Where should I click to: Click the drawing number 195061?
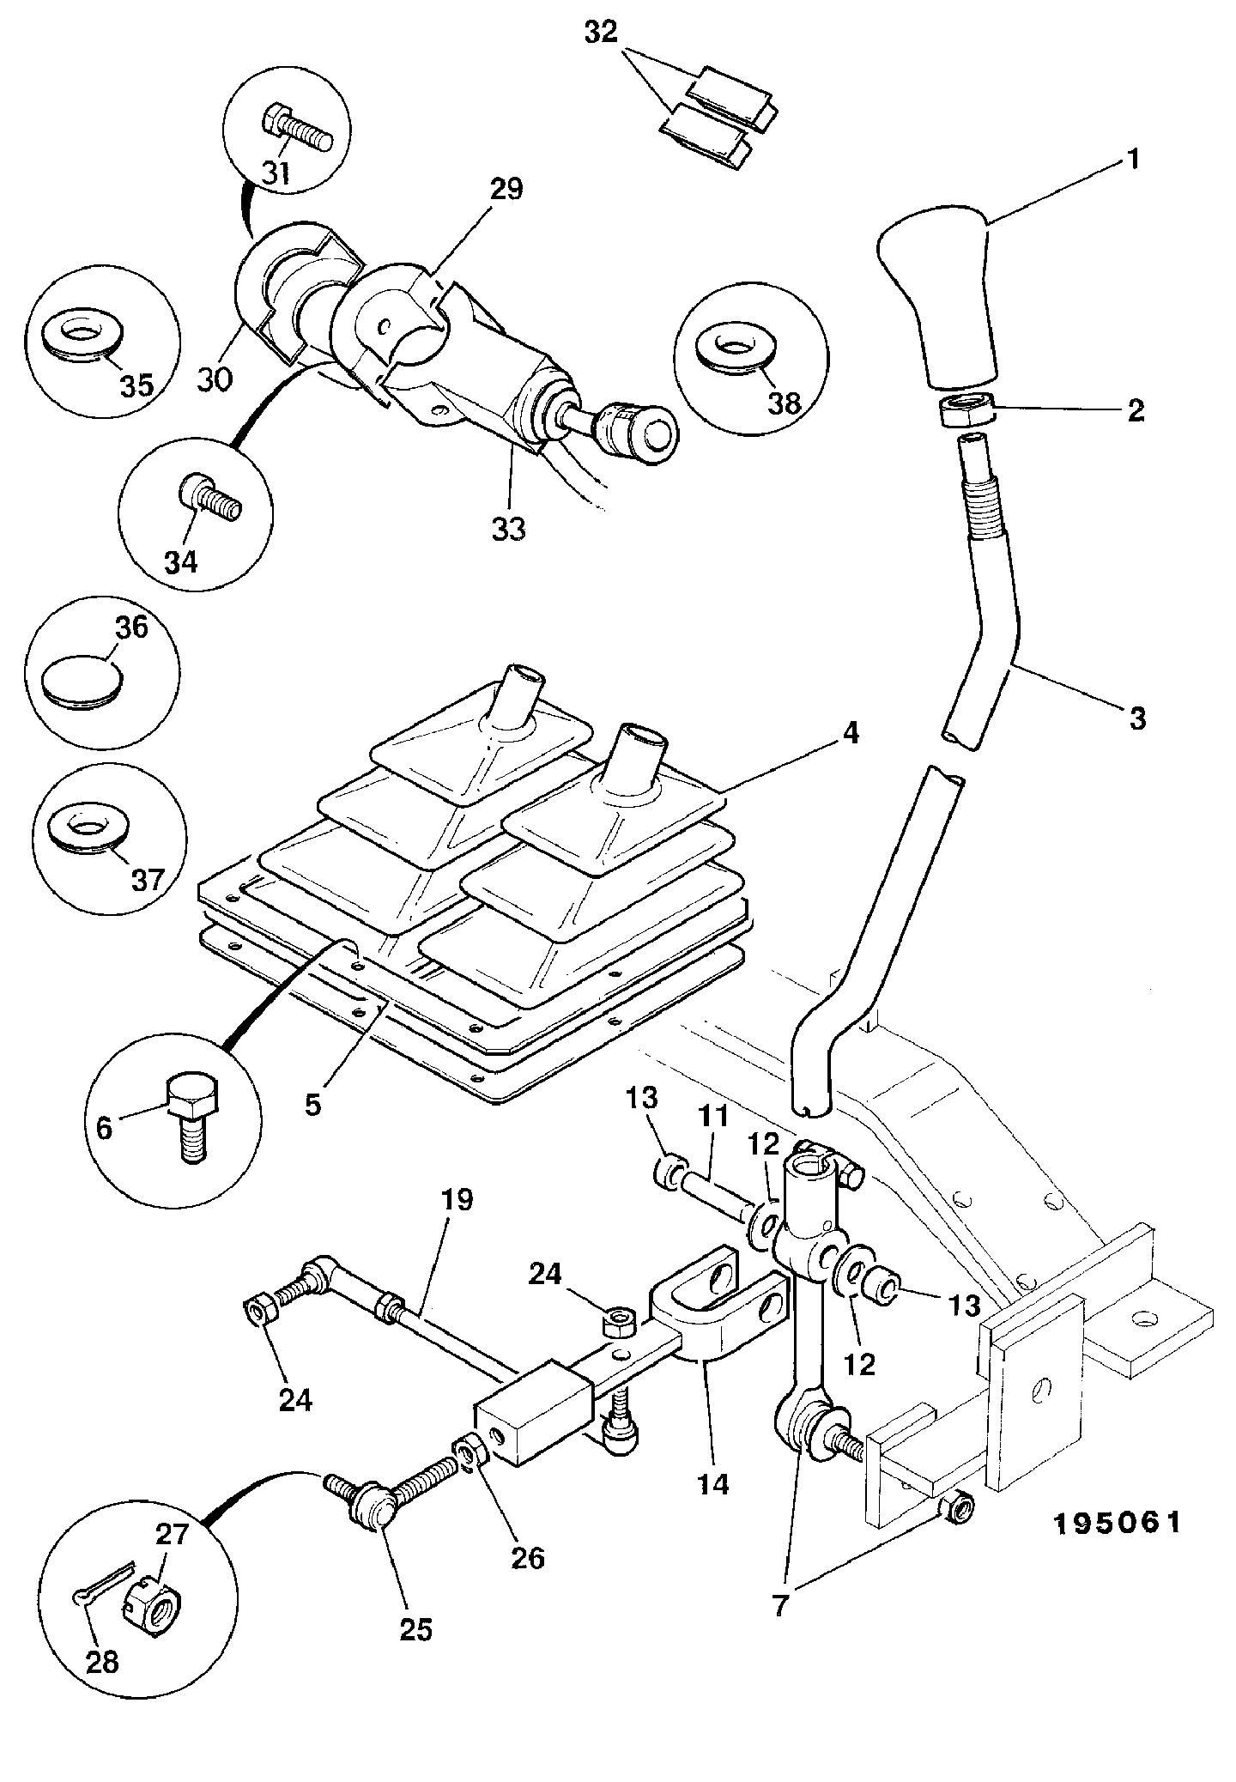(1118, 1523)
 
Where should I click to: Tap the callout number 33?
(508, 530)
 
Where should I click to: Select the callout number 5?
(312, 1105)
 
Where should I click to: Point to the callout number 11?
(713, 1116)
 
